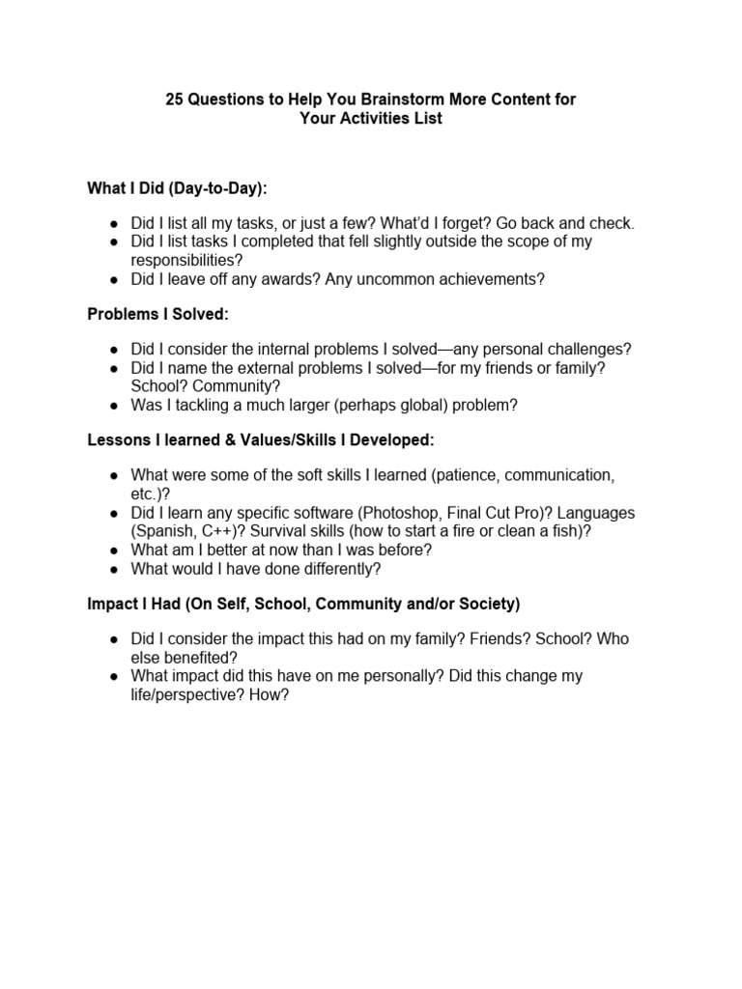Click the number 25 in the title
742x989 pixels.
coord(175,99)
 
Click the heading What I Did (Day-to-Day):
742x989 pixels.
coord(177,187)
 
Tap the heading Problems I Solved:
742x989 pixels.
coord(157,314)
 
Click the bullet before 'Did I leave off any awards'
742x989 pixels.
coord(114,279)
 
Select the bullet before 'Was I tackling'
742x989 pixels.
coord(114,406)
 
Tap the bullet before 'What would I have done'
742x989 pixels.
coord(114,569)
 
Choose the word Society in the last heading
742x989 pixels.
coord(488,604)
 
